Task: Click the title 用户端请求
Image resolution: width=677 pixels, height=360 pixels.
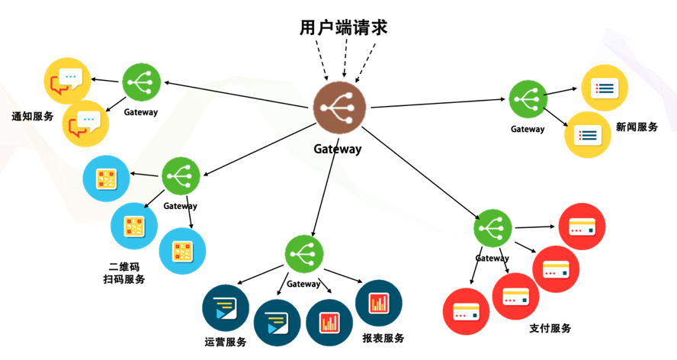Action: coord(343,28)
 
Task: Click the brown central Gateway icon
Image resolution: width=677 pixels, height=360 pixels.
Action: coord(339,105)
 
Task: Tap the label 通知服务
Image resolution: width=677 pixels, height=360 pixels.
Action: coord(33,117)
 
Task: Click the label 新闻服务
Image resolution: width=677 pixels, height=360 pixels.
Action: coord(637,127)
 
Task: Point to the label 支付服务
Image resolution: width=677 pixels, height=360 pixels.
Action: coord(550,328)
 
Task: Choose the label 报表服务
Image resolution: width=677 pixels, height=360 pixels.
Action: coord(383,338)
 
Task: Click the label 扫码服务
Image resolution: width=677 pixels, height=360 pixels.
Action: coord(124,279)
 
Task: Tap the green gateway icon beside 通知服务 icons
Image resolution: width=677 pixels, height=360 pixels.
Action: coord(142,80)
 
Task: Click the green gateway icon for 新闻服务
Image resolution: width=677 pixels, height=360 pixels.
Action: coord(528,98)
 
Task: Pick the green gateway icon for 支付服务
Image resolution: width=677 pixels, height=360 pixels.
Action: coord(493,229)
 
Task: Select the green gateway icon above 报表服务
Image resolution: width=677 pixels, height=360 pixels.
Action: coord(304,254)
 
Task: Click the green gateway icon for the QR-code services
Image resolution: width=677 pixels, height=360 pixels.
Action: coord(181,175)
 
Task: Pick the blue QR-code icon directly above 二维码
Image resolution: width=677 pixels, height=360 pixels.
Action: coord(134,227)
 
